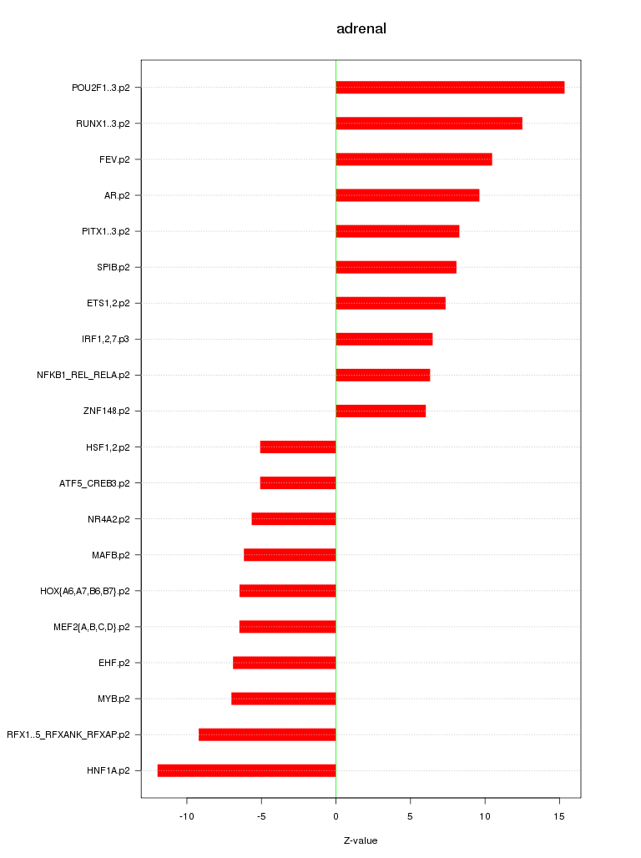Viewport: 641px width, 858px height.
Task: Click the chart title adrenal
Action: (x=361, y=29)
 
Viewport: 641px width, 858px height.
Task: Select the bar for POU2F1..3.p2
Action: (x=450, y=88)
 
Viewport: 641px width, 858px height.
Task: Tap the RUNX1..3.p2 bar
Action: (x=429, y=124)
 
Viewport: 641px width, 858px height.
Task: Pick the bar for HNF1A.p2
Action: (x=246, y=770)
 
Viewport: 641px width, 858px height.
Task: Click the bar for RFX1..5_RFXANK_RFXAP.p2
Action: (x=267, y=734)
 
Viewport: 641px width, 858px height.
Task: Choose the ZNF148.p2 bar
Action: (x=381, y=411)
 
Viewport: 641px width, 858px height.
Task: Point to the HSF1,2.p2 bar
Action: (x=298, y=447)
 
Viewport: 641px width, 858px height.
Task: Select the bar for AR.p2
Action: (x=407, y=195)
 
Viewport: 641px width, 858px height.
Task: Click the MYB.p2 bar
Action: (x=284, y=699)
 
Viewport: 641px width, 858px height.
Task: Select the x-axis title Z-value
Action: (x=361, y=840)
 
